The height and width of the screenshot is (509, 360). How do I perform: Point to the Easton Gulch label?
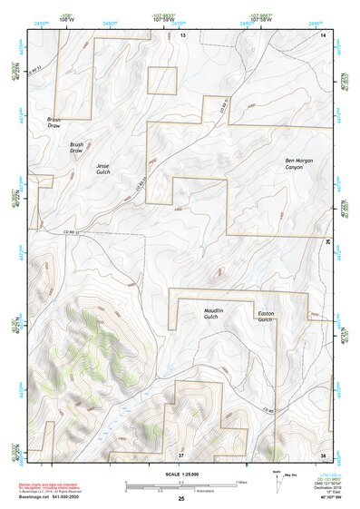point(265,316)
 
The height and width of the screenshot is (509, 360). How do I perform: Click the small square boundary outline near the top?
point(162,80)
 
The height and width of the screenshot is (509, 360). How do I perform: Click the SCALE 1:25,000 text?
point(180,474)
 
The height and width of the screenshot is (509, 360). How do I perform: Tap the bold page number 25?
point(180,498)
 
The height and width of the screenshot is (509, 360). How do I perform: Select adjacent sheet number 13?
point(181,34)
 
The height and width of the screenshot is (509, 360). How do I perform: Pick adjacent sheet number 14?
point(324,34)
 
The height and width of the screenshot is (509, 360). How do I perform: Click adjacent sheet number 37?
point(181,453)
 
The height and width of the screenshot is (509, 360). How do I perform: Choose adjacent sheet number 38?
point(324,453)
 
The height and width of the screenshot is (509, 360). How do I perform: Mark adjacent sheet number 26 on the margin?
point(328,242)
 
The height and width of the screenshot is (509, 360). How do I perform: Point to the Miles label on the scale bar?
point(240,482)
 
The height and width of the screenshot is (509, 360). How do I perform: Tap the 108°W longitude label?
point(65,18)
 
